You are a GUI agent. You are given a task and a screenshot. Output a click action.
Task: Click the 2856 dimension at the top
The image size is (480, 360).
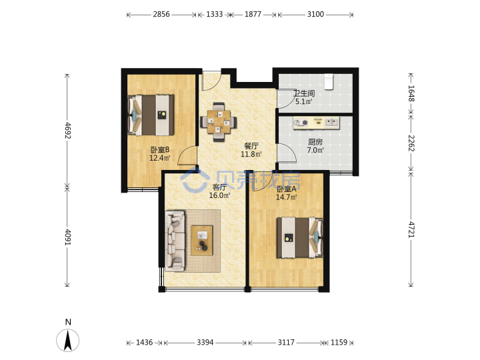pyautogui.click(x=161, y=15)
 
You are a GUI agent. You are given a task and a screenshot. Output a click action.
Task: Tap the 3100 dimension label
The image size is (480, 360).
pyautogui.click(x=315, y=15)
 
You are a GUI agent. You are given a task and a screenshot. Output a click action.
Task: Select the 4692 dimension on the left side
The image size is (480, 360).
pyautogui.click(x=67, y=131)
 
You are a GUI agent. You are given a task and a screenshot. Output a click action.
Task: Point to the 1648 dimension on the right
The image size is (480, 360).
pyautogui.click(x=411, y=93)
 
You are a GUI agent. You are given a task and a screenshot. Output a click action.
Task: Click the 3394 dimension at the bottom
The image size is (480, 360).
pyautogui.click(x=205, y=342)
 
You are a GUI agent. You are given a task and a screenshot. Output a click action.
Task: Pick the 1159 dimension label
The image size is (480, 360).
pyautogui.click(x=339, y=342)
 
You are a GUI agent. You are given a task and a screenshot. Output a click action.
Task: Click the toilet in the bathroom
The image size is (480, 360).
pyautogui.click(x=329, y=81)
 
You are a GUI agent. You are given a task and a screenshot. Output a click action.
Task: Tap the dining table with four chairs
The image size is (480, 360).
pyautogui.click(x=219, y=121)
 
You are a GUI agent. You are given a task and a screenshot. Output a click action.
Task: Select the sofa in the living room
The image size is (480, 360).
pyautogui.click(x=175, y=241)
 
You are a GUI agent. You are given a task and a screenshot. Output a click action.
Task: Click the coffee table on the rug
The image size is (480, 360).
pyautogui.click(x=202, y=240)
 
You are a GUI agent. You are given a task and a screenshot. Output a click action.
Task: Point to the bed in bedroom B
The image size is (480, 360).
pyautogui.click(x=151, y=115)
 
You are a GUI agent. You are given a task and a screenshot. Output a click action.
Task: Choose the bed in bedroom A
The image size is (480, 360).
pyautogui.click(x=300, y=237)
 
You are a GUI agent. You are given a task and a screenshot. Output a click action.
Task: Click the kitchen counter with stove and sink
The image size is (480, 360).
pyautogui.click(x=316, y=123)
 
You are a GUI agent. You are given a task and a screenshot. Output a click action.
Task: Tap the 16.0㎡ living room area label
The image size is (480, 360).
pyautogui.click(x=219, y=195)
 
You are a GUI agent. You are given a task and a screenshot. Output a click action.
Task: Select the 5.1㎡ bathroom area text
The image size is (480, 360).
pyautogui.click(x=304, y=101)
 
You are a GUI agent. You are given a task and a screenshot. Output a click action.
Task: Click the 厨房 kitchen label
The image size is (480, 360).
pyautogui.click(x=315, y=142)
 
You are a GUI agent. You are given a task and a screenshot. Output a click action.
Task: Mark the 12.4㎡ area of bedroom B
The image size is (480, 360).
pyautogui.click(x=160, y=158)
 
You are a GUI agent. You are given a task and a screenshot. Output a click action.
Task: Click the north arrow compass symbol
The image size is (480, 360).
pyautogui.click(x=67, y=340)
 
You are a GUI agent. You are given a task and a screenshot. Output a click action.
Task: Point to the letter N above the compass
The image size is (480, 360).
pyautogui.click(x=68, y=322)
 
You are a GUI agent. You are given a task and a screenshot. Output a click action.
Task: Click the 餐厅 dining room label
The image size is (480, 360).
pyautogui.click(x=251, y=146)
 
